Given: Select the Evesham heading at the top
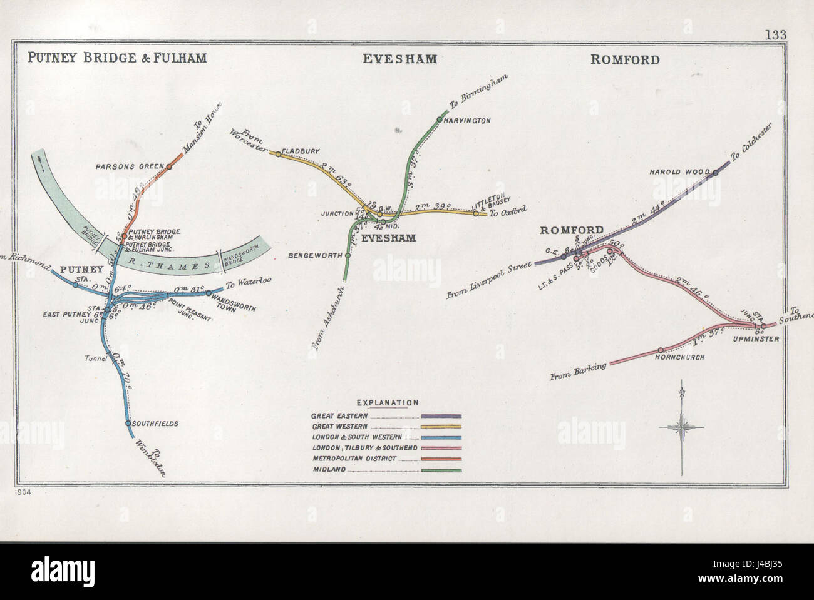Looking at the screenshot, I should pos(399,59).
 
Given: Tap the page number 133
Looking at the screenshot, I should pos(775,35).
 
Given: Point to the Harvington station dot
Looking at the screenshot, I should pos(440,119).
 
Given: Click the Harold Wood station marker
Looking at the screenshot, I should pos(715,173).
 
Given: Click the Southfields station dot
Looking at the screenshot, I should pos(128,423).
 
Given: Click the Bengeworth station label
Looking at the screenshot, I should pos(316,255).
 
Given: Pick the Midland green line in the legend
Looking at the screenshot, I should pos(441,470).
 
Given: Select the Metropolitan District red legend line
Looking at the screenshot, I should pos(441,459).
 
